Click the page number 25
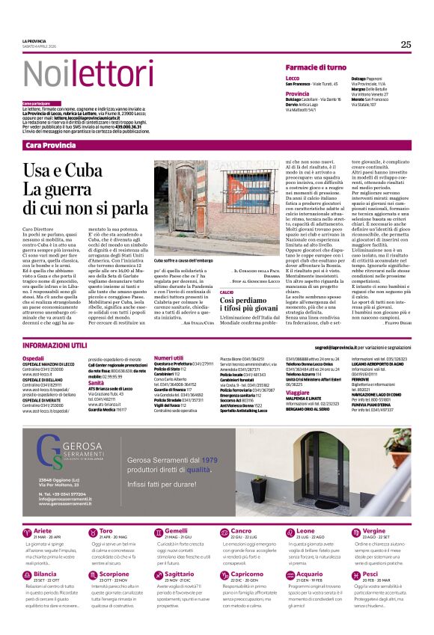[x=406, y=44]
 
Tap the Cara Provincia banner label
[x=51, y=144]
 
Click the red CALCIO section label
[x=227, y=292]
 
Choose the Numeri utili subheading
[x=168, y=358]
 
